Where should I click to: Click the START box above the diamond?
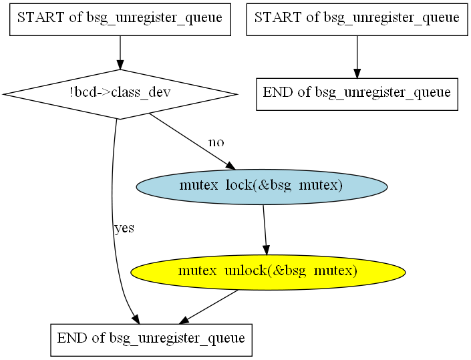(x=120, y=18)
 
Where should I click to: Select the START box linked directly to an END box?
(x=357, y=18)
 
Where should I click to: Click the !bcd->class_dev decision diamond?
(x=120, y=94)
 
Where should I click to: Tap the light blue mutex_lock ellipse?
(x=262, y=186)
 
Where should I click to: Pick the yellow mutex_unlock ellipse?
(x=268, y=272)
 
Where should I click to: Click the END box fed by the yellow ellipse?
(x=151, y=339)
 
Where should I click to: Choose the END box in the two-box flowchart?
(x=357, y=93)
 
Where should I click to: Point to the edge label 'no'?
(x=216, y=142)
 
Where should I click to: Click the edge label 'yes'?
(x=124, y=228)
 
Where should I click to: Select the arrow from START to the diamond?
(x=120, y=51)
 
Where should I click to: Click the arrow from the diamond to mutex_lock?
(x=190, y=141)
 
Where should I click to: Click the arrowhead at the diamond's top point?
(x=120, y=64)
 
